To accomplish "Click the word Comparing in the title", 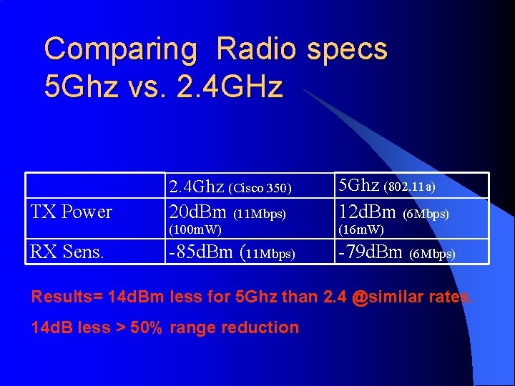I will (120, 50).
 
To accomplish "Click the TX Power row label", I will (71, 212).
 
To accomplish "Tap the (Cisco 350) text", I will (260, 189).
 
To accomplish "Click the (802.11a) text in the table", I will (410, 187).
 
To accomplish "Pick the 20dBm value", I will (197, 212).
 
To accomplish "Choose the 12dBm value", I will (368, 212).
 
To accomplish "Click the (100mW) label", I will (194, 229).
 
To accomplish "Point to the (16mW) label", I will (361, 229).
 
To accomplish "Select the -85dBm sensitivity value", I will (201, 252).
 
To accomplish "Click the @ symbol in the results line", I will (360, 296).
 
